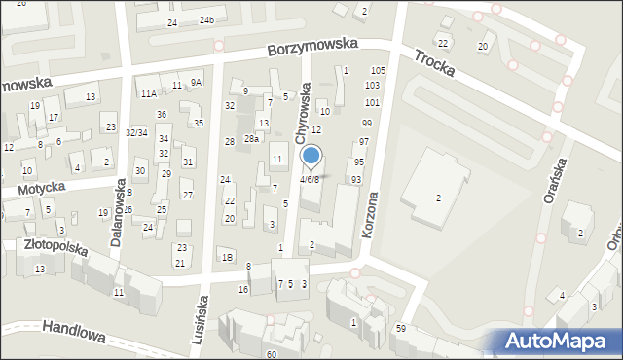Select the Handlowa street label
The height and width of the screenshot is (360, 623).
tap(73, 334)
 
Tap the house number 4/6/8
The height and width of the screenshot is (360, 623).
tap(310, 180)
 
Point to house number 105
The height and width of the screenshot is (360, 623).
tap(379, 71)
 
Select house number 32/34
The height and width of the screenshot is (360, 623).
tap(136, 132)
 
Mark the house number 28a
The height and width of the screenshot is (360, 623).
tap(251, 140)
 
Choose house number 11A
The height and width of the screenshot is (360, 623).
tap(148, 94)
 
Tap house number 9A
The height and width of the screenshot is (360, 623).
tap(196, 83)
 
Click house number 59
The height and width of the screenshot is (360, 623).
tap(401, 329)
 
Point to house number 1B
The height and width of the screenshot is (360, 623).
tap(227, 257)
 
